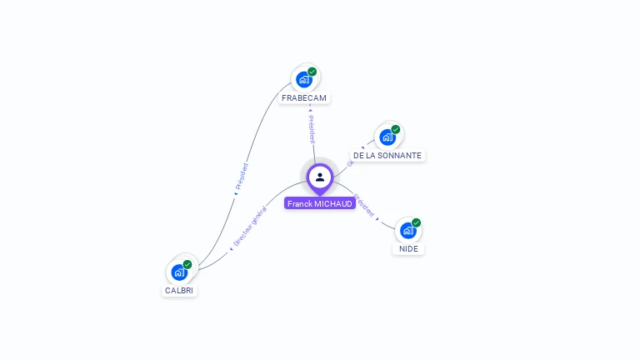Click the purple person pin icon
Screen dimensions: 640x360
[319, 177]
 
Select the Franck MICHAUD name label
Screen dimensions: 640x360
[320, 203]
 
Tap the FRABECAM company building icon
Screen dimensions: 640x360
[304, 80]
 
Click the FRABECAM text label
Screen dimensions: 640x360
[304, 98]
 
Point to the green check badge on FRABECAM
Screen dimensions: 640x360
[312, 72]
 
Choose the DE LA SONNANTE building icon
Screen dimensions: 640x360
[387, 137]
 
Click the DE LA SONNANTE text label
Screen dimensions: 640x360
[387, 156]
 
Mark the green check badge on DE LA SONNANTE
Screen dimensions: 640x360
[396, 129]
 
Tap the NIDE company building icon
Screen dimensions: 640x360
[407, 230]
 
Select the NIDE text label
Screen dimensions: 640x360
[408, 249]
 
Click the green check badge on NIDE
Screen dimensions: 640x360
[416, 222]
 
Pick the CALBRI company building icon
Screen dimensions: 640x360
[179, 272]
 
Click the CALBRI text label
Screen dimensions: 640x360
[180, 291]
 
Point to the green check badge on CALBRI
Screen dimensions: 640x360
[187, 264]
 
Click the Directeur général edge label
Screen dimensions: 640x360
[249, 227]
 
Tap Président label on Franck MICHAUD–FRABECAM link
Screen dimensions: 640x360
[311, 124]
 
